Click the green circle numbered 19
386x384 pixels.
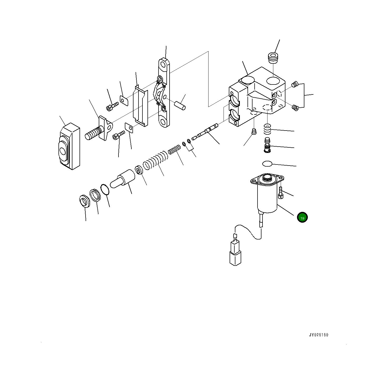302,218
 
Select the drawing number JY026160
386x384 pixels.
319,335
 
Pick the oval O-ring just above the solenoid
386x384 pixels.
267,164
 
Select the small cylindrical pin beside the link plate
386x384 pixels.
180,104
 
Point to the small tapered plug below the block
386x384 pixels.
254,132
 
